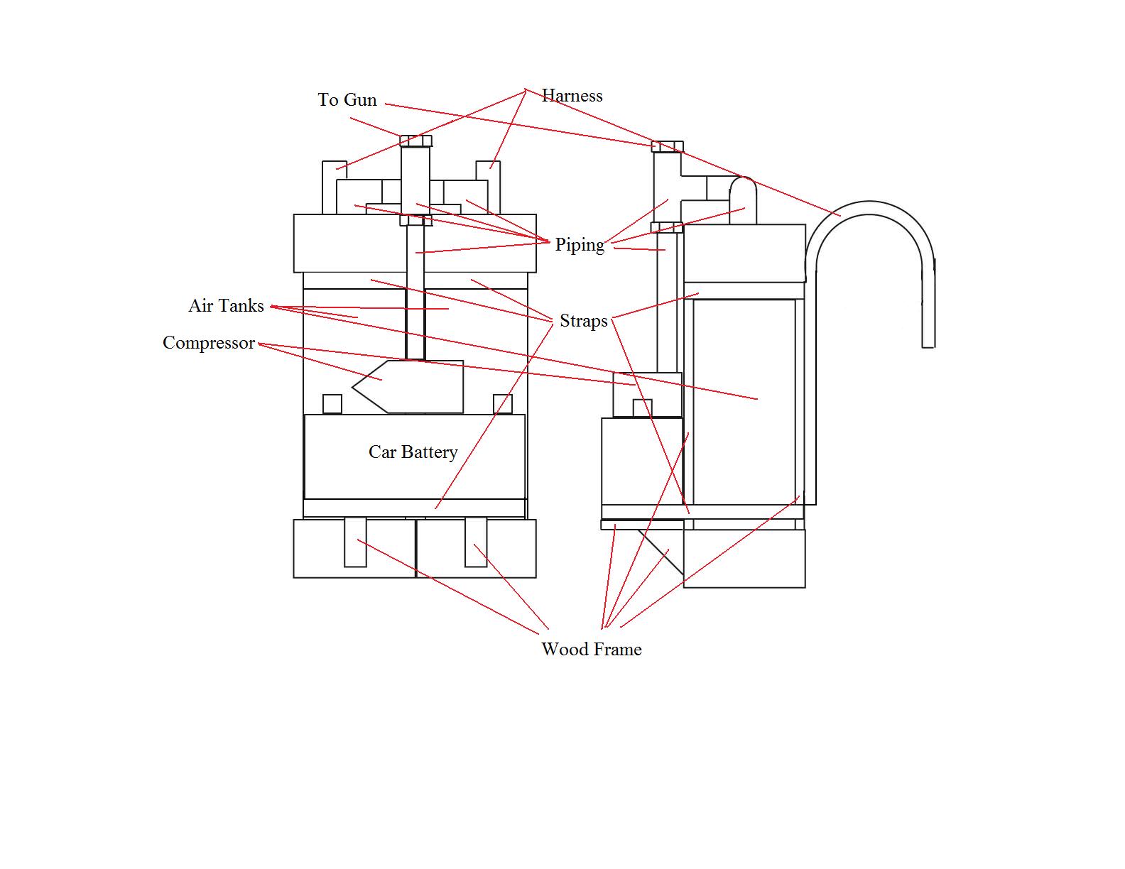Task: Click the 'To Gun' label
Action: click(347, 100)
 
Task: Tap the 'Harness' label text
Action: click(572, 96)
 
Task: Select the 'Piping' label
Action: click(580, 245)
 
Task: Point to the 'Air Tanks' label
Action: click(226, 306)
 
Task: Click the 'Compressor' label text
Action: click(209, 343)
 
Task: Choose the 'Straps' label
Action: click(583, 321)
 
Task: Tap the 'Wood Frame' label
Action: click(591, 649)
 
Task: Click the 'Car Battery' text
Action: click(413, 452)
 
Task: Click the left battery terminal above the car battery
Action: click(332, 404)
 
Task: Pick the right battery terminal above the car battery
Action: click(503, 404)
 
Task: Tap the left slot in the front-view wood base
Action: click(355, 542)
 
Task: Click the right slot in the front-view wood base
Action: click(476, 542)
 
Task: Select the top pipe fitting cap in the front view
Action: click(415, 141)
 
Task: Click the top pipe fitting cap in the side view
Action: click(668, 147)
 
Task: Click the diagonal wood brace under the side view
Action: click(661, 550)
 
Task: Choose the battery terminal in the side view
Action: click(642, 408)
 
